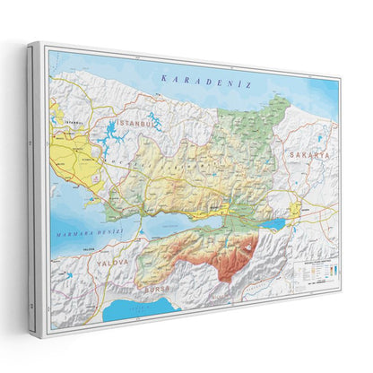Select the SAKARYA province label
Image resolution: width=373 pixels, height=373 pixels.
click(309, 155)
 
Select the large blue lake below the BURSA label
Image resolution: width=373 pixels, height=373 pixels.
click(143, 309)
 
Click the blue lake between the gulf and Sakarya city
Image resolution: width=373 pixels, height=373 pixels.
click(275, 224)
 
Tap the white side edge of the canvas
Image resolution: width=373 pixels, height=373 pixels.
click(34, 179)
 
